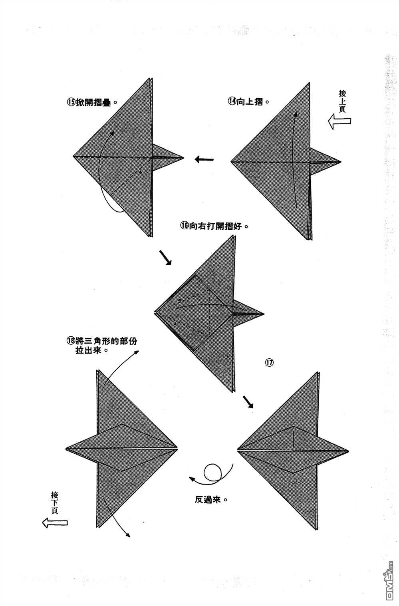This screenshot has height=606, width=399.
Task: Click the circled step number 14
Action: pos(232,102)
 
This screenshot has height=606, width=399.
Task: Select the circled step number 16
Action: pos(184,226)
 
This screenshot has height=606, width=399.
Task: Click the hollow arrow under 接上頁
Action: pos(339,121)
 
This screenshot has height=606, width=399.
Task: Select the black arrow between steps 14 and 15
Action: pos(204,160)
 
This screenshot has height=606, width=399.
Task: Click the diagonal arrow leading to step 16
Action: pos(165,258)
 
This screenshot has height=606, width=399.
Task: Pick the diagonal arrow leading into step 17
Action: pos(248,402)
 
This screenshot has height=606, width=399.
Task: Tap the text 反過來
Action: pos(209,500)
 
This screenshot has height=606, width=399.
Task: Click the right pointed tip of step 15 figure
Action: pos(183,158)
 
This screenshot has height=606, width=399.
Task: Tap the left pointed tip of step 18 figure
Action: pos(66,448)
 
